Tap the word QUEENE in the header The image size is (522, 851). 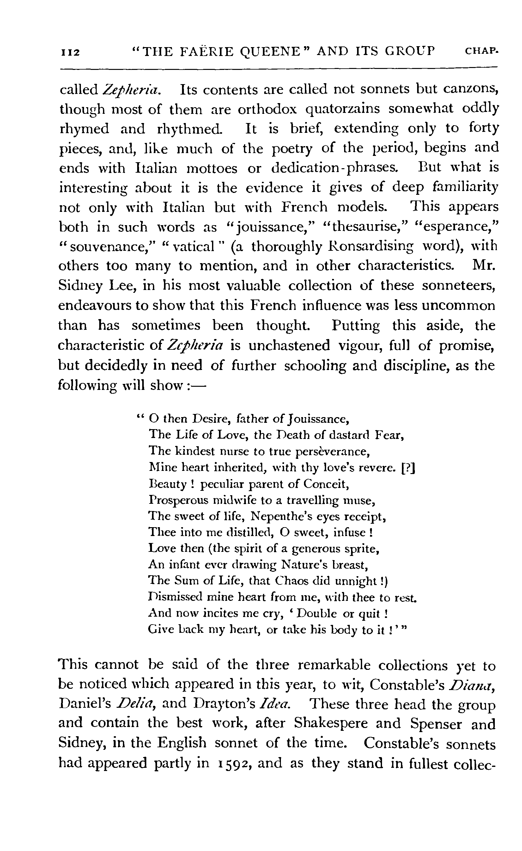(x=269, y=52)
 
